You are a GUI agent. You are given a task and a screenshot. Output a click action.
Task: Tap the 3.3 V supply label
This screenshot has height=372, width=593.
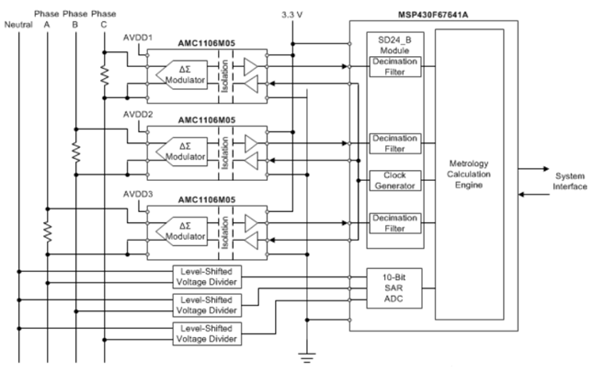(292, 16)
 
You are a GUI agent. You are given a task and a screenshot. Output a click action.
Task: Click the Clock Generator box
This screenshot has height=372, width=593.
(393, 180)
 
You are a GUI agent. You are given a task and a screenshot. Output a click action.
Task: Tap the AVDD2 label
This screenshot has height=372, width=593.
(138, 117)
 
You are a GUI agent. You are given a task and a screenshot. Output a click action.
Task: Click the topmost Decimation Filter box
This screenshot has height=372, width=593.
(393, 66)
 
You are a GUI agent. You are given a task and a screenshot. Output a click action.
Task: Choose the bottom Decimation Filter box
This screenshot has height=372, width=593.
(393, 221)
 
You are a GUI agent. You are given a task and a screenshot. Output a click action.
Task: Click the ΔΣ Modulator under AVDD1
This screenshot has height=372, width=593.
(183, 73)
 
